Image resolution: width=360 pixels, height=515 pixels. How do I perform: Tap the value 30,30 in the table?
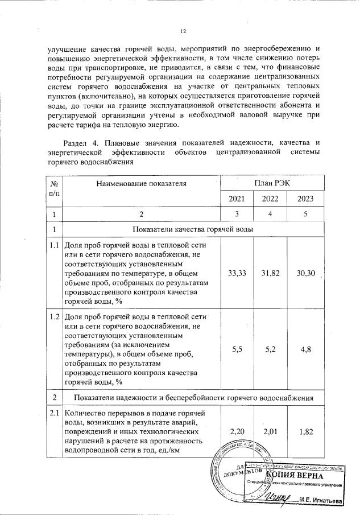tap(305, 274)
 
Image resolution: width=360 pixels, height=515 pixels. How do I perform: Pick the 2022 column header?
tap(270, 199)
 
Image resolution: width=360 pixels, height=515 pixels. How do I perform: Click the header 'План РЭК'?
tap(271, 183)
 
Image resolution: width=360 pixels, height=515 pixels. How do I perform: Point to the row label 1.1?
tap(54, 245)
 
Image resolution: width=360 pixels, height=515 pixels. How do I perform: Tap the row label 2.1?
tap(54, 413)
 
